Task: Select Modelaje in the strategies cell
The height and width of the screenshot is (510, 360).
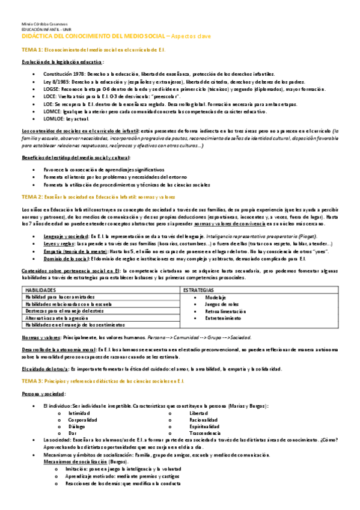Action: [215, 298]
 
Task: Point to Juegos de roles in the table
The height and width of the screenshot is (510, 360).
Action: [221, 305]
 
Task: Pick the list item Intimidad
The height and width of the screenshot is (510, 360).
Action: [79, 413]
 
